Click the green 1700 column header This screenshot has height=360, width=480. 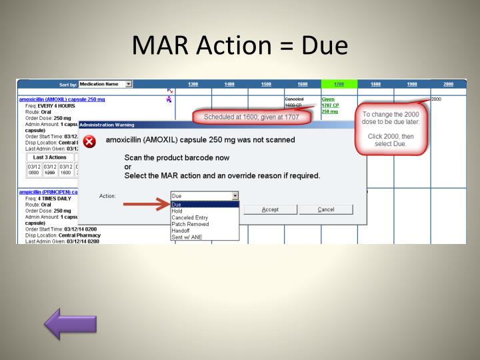[x=339, y=84]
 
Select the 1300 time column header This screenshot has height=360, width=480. [x=193, y=84]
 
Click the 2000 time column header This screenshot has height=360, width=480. [x=448, y=84]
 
